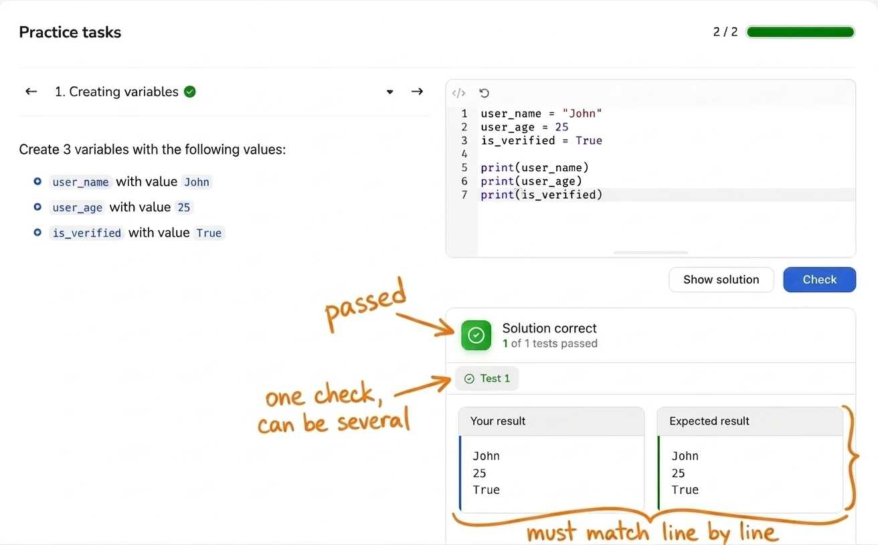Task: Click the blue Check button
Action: tap(819, 280)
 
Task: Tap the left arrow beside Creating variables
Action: tap(31, 92)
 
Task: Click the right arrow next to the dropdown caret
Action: tap(417, 92)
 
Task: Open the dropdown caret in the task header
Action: tap(389, 92)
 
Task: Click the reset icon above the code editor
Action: tap(484, 93)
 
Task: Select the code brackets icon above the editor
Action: tap(458, 93)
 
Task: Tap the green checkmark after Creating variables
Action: tap(189, 92)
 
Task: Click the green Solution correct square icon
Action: tap(476, 335)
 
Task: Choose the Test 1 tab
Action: tap(487, 378)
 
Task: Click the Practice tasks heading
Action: tap(70, 32)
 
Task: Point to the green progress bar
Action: tap(800, 31)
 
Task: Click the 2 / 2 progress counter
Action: tap(725, 31)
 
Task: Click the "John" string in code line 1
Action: tap(582, 113)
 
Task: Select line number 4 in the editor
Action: tap(464, 154)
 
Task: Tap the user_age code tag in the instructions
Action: tap(77, 207)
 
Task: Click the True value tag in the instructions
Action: tap(209, 233)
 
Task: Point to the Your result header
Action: tap(498, 421)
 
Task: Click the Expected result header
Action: tap(709, 421)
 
